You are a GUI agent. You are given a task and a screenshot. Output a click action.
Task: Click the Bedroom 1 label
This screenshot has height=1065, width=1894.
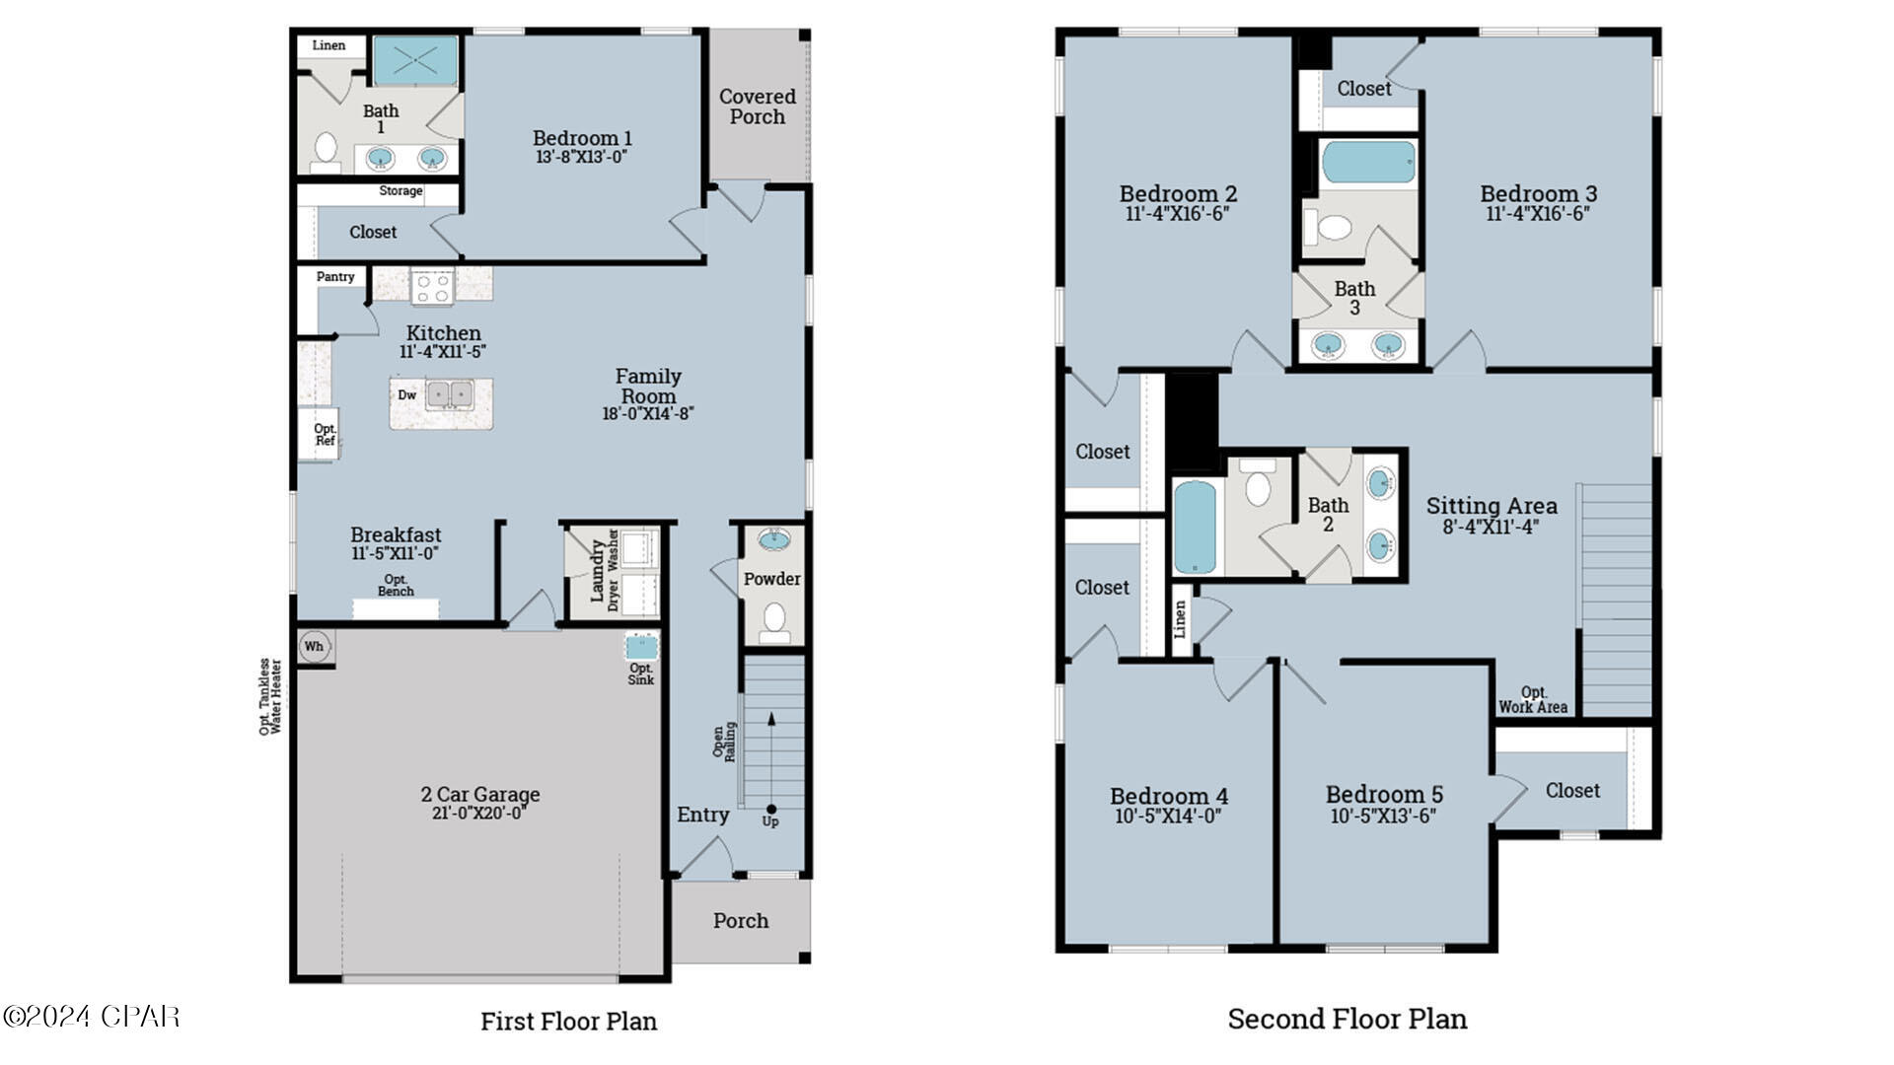pos(582,138)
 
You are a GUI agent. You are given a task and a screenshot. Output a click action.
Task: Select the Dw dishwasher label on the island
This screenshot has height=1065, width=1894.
pos(406,395)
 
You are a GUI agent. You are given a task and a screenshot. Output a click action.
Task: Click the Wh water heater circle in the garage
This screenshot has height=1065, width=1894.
pos(314,647)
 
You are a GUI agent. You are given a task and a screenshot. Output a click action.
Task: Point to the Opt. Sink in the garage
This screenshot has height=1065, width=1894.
pos(641,648)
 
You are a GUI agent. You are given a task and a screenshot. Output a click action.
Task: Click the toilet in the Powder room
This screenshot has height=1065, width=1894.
pos(774,620)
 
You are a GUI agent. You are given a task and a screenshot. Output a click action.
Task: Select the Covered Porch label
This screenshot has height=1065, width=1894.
pos(757,106)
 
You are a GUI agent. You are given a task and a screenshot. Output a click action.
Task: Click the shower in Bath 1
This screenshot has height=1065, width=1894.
pos(415,61)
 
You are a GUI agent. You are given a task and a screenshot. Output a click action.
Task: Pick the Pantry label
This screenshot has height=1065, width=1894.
pos(335,277)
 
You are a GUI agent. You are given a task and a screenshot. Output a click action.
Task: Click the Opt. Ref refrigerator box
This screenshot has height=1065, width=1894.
pos(324,435)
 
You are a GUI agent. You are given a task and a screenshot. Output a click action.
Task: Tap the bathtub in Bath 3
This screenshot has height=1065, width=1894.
pos(1368,163)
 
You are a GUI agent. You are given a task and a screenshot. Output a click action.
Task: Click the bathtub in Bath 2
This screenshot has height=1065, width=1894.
pos(1195,526)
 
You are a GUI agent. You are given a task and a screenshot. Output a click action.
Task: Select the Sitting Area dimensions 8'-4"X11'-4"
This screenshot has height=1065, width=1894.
pos(1491,527)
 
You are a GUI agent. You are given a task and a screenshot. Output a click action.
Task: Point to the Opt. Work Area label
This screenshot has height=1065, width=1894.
pos(1533,699)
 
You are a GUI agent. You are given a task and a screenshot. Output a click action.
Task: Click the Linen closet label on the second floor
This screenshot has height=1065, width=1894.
pos(1180,619)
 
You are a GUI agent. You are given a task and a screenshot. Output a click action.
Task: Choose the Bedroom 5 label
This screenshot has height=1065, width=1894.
pos(1383,794)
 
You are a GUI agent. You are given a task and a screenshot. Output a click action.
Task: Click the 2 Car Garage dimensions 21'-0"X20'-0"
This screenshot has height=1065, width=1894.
pos(479,814)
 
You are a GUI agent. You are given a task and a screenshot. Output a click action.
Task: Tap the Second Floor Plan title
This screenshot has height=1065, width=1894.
pos(1347,1019)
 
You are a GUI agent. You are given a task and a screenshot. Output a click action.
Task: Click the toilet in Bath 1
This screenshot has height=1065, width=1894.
pos(326,149)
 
